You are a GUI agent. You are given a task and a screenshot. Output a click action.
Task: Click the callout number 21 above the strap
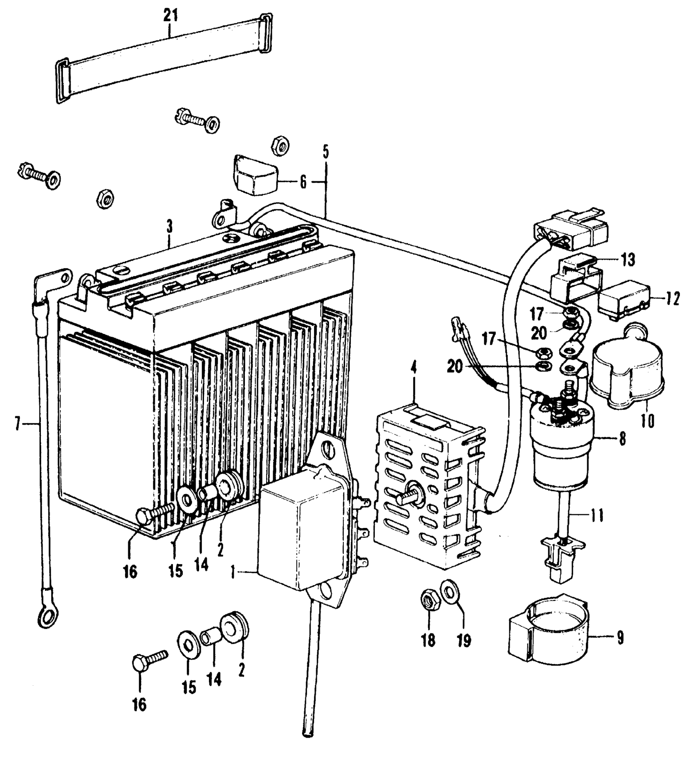click(171, 16)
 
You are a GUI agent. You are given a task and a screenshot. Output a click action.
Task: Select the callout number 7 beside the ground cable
click(17, 425)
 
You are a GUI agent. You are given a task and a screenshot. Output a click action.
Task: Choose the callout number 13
click(628, 259)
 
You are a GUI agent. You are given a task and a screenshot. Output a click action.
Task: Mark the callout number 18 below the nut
click(428, 640)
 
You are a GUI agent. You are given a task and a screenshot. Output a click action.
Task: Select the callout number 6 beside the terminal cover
click(303, 182)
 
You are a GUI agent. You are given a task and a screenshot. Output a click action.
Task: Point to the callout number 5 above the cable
click(325, 152)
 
